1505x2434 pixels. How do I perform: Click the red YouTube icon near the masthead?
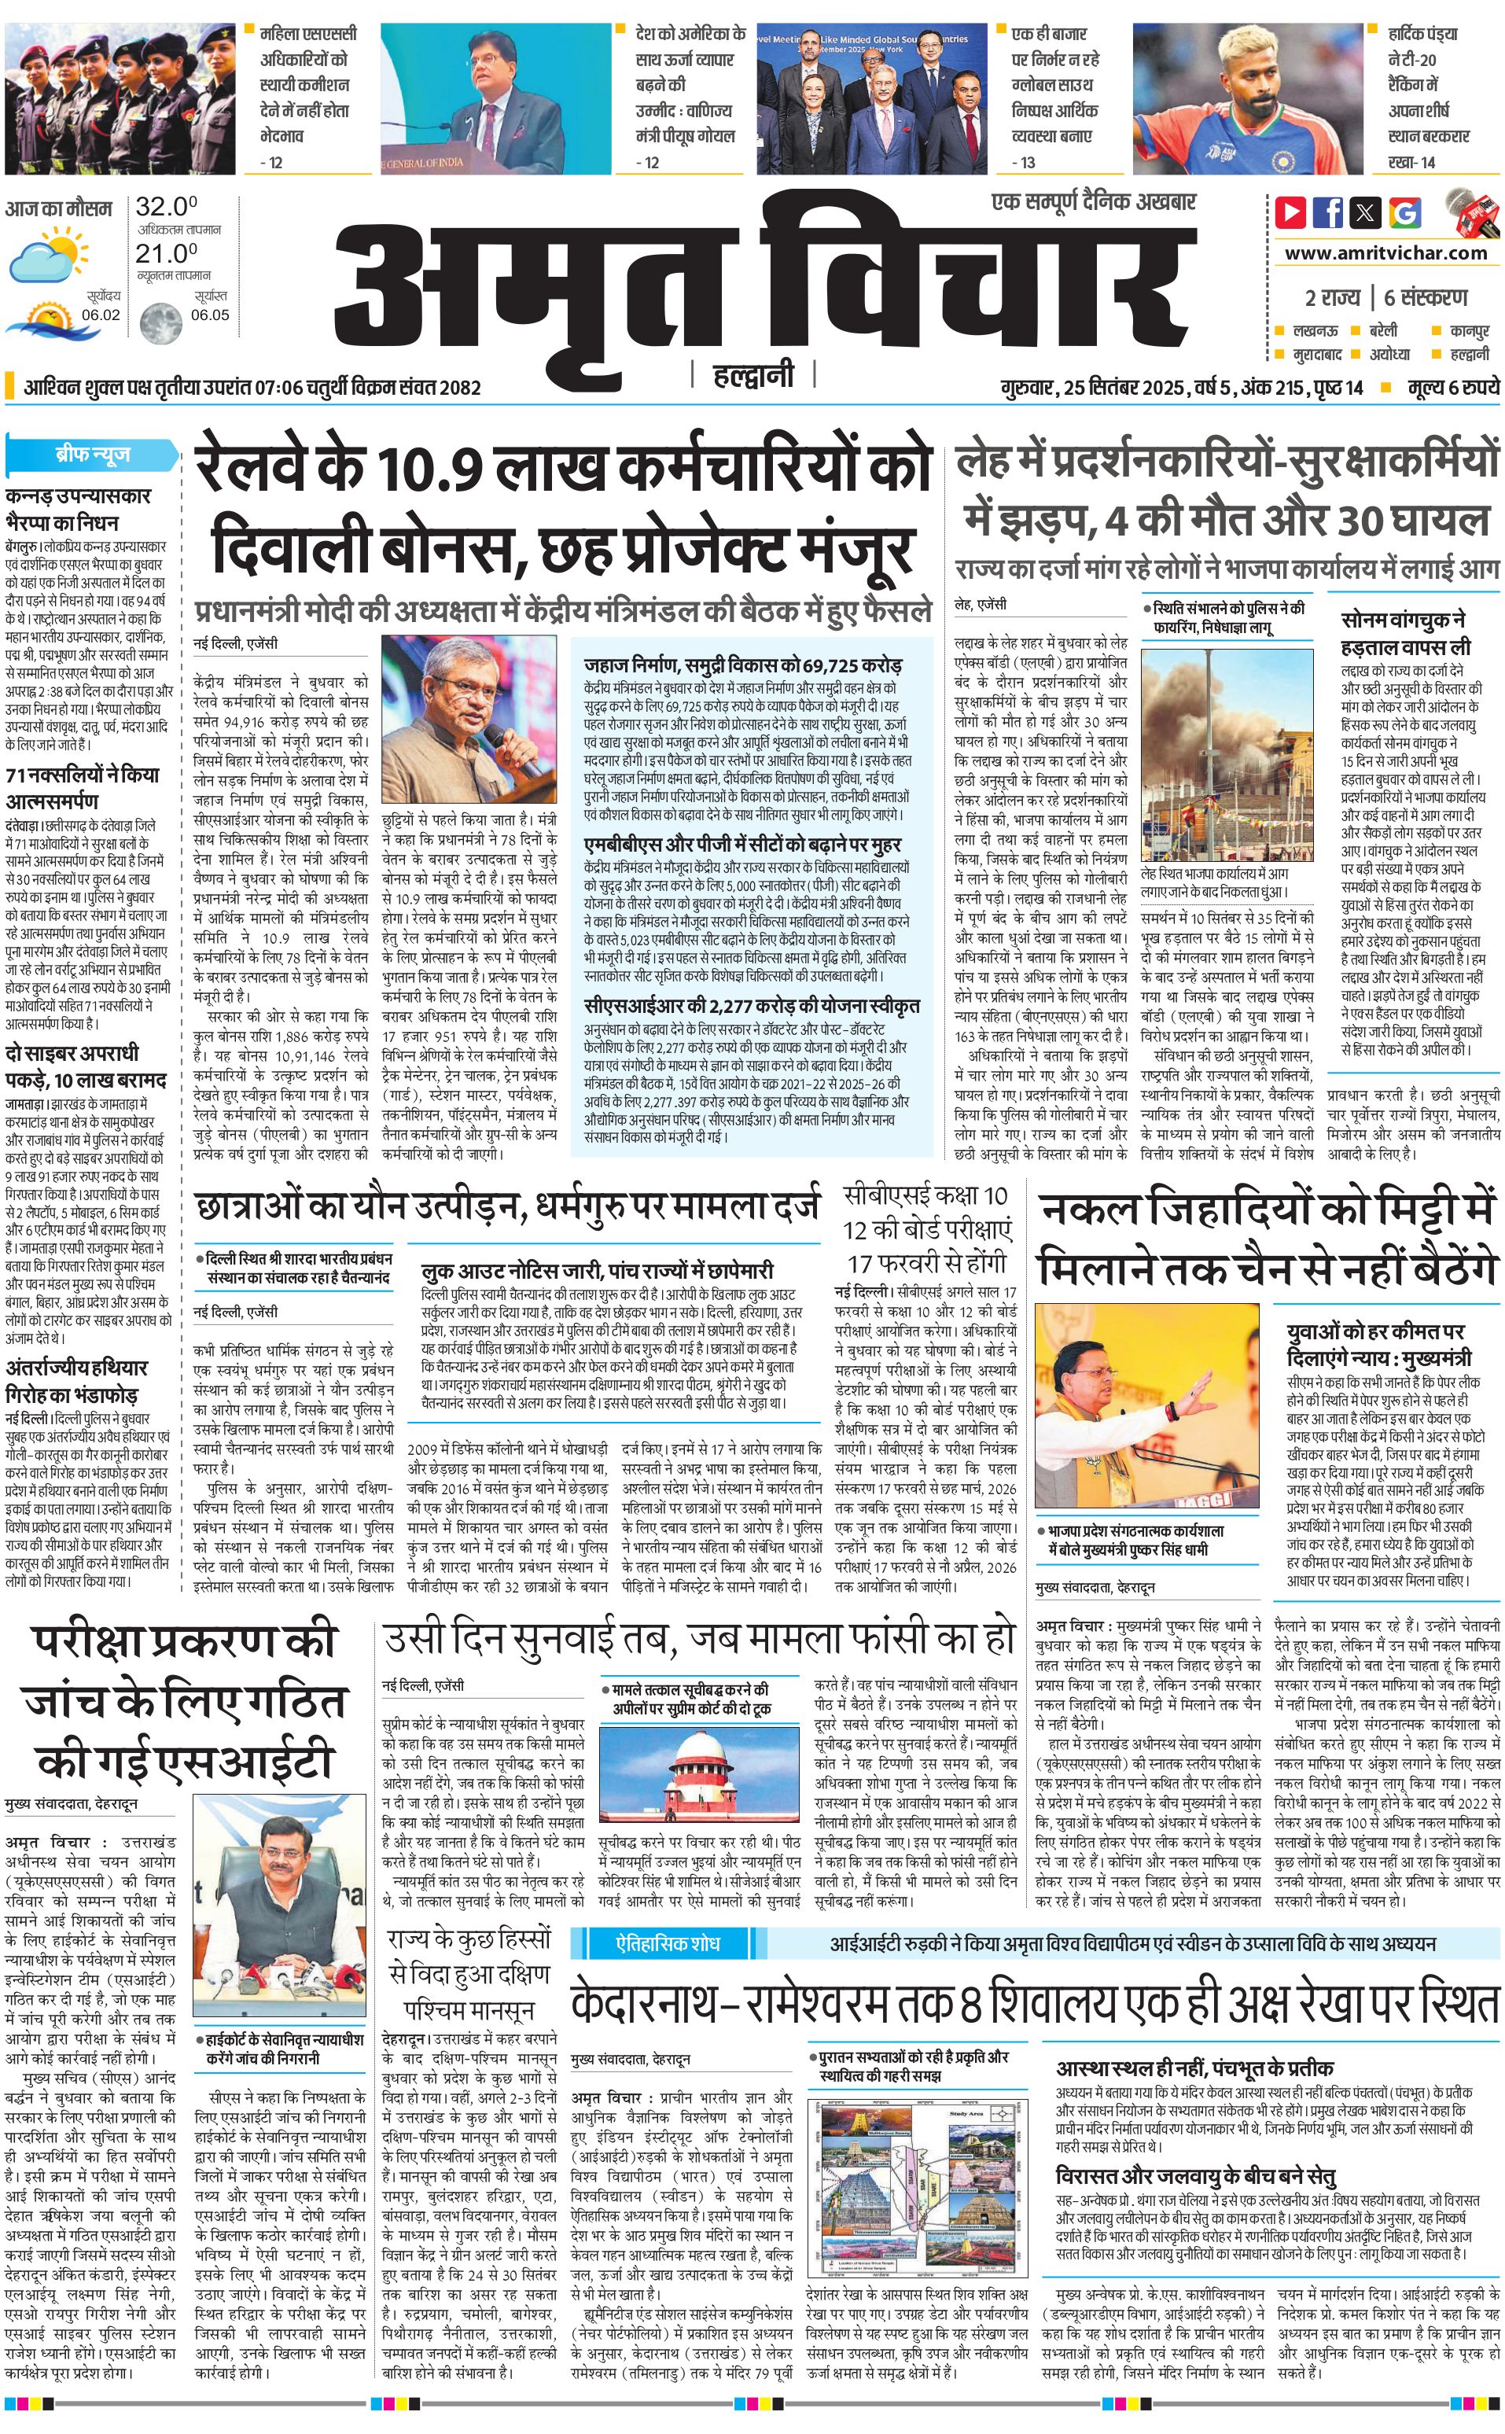tap(1291, 212)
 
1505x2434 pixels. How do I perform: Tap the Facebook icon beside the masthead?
tap(1329, 212)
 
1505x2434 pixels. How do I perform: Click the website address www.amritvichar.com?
tap(1385, 253)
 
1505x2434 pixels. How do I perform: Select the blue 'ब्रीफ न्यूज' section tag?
tap(91, 455)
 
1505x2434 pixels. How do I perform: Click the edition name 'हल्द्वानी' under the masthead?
tap(753, 375)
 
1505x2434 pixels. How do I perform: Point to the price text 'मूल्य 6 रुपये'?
tap(1452, 387)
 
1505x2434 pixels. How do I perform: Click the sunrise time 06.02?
tap(101, 315)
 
